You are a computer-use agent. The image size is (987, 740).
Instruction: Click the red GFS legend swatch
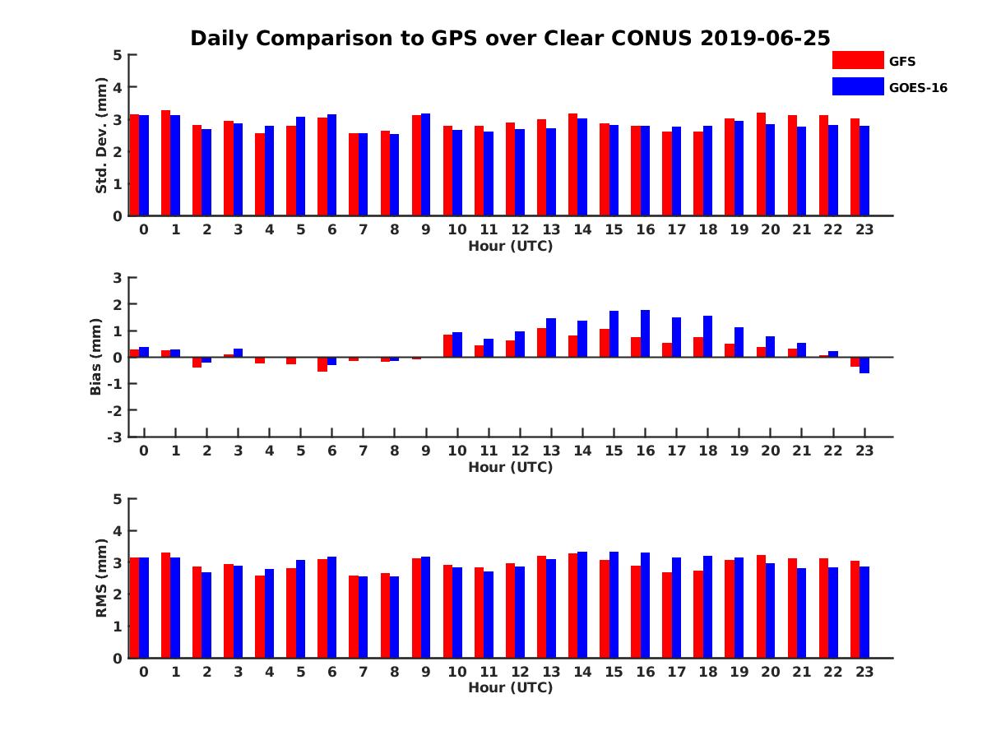pos(858,60)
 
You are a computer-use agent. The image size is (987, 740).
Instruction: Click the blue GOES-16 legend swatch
pos(858,86)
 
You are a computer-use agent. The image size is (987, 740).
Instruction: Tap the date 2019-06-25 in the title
pos(766,39)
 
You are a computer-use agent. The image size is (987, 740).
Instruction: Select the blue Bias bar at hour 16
pos(645,334)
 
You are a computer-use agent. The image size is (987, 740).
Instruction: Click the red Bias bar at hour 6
pos(322,364)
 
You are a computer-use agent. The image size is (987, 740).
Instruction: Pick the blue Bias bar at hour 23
pos(864,365)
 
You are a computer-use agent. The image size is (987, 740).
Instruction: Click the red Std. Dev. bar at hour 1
pos(165,163)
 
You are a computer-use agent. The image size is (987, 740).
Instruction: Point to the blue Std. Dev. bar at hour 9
pos(426,164)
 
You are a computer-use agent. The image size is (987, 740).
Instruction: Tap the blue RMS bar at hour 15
pos(614,605)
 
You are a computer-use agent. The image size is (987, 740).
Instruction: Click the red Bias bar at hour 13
pos(541,343)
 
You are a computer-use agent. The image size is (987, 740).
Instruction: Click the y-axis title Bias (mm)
pos(96,357)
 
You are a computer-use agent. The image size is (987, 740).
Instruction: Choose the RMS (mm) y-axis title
pos(101,578)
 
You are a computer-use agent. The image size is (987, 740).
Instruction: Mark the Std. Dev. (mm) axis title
pos(101,136)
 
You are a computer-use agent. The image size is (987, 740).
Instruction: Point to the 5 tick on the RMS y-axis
pos(118,499)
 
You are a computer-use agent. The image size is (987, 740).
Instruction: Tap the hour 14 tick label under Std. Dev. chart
pos(582,230)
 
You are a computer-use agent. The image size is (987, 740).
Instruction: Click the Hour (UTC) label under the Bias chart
pos(510,467)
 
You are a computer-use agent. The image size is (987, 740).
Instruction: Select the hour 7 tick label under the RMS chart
pos(363,672)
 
